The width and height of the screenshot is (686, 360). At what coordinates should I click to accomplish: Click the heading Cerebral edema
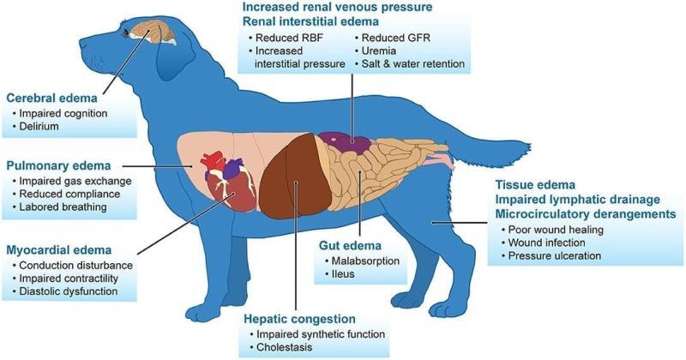(x=51, y=98)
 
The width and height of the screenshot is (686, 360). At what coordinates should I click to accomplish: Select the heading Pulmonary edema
(x=58, y=166)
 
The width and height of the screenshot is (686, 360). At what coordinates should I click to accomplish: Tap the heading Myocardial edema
(x=59, y=250)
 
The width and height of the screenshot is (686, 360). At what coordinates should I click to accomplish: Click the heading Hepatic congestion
(x=299, y=319)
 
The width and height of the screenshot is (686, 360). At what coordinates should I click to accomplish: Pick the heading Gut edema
(x=350, y=245)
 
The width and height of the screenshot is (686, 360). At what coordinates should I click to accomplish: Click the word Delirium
(x=39, y=126)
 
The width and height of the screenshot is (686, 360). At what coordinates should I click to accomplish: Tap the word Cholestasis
(x=285, y=347)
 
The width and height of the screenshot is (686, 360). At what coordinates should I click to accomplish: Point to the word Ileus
(x=343, y=274)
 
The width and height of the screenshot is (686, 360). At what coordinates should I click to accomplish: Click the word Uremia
(x=379, y=51)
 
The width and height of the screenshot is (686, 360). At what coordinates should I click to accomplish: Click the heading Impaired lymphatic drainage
(x=577, y=200)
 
